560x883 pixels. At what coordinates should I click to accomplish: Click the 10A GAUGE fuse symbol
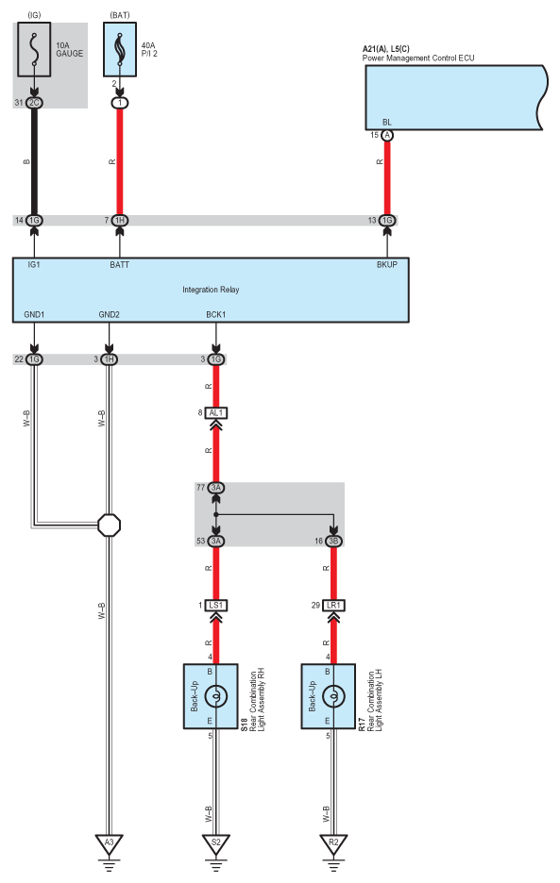tap(34, 50)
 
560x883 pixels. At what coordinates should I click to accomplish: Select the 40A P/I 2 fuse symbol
tap(120, 50)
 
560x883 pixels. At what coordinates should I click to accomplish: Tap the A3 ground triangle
tap(109, 843)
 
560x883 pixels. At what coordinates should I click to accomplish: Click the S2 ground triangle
tap(216, 843)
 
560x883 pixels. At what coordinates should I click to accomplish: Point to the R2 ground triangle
tap(333, 843)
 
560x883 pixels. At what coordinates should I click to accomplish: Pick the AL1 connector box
tap(216, 413)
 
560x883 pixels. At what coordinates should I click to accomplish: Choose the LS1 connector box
tap(216, 606)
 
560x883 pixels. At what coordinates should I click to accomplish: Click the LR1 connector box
tap(333, 606)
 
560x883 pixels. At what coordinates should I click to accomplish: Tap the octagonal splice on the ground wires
tap(109, 525)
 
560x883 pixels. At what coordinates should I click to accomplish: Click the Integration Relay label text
tap(211, 290)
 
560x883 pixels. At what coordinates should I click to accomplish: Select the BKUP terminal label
tap(387, 264)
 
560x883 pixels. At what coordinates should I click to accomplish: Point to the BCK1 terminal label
tap(216, 314)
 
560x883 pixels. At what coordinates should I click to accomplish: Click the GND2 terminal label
tap(109, 314)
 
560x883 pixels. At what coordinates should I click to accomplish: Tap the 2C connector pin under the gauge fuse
tap(34, 103)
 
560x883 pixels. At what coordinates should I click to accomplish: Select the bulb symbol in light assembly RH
tap(216, 696)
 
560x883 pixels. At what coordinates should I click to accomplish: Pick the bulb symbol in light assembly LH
tap(333, 696)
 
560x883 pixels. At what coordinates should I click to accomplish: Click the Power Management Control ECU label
tap(418, 58)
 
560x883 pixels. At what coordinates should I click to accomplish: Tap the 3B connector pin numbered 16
tap(333, 541)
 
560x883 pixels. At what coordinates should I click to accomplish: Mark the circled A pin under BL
tap(387, 135)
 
